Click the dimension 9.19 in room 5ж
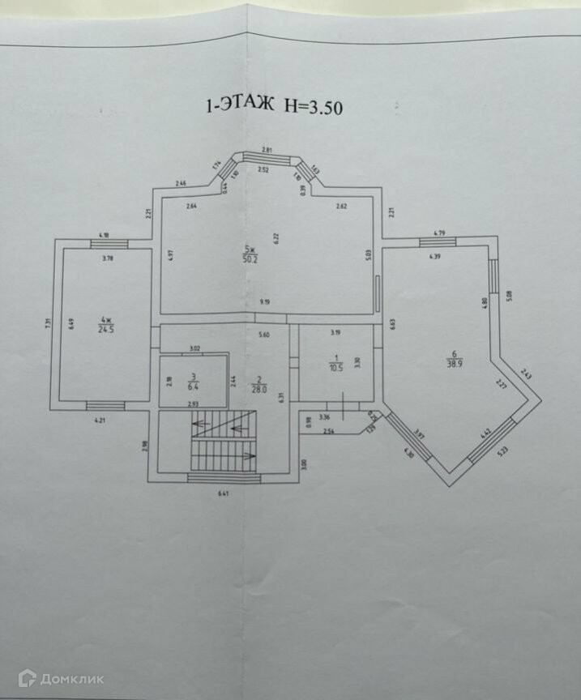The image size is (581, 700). click(x=265, y=302)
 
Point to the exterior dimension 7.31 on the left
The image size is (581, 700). click(x=49, y=323)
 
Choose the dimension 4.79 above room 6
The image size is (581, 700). click(x=439, y=233)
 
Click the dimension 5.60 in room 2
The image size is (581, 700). click(x=262, y=335)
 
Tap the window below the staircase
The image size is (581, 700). click(x=224, y=479)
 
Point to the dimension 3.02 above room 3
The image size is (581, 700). click(x=194, y=348)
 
